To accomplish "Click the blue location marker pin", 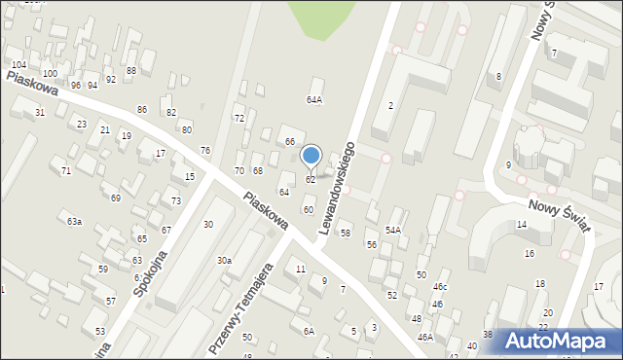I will click(311, 156).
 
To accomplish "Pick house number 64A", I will click(313, 99).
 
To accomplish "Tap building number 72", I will click(238, 118).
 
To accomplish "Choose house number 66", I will click(289, 142).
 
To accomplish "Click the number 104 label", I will click(18, 64).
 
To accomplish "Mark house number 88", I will click(130, 71).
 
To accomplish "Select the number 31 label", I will click(40, 113).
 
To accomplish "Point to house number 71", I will click(66, 171).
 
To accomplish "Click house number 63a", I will click(74, 222).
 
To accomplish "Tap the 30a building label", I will click(224, 261).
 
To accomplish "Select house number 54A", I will click(392, 230).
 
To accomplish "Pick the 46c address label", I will click(440, 287).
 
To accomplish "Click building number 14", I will click(522, 225).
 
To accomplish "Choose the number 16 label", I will click(530, 254).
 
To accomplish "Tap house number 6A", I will click(308, 332).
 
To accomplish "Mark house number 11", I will click(301, 269).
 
